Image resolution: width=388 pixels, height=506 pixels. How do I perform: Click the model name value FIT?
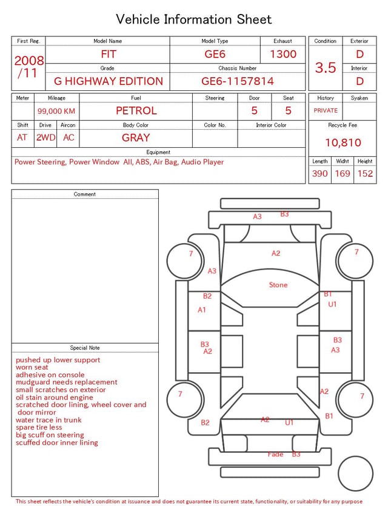109,54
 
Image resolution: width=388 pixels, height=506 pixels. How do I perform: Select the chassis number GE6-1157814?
238,81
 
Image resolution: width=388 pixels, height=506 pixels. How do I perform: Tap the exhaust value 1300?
283,54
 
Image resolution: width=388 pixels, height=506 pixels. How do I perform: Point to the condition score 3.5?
326,68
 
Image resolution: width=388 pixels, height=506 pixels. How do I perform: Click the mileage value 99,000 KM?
56,112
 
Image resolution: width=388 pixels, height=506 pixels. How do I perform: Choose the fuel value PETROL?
136,111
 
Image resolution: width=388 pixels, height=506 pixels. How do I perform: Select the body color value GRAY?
136,138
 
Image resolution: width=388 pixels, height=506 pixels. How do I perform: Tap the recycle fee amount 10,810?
343,142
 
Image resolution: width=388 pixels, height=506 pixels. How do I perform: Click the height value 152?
365,173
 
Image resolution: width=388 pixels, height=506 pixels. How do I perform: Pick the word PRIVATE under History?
326,111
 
